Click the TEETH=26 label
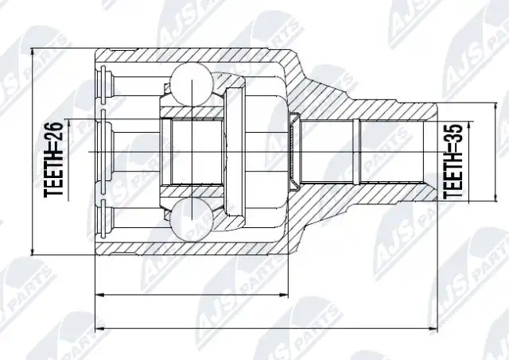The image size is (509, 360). [53, 159]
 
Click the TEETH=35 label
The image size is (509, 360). [453, 161]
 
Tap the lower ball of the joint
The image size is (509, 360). [192, 219]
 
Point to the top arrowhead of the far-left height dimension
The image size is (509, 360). [32, 52]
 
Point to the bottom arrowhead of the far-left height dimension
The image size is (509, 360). [32, 251]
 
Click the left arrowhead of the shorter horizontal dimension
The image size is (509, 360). [99, 295]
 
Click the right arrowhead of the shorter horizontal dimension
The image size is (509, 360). [284, 295]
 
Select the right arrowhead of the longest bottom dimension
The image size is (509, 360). [433, 328]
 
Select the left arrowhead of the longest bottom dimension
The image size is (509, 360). [99, 328]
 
